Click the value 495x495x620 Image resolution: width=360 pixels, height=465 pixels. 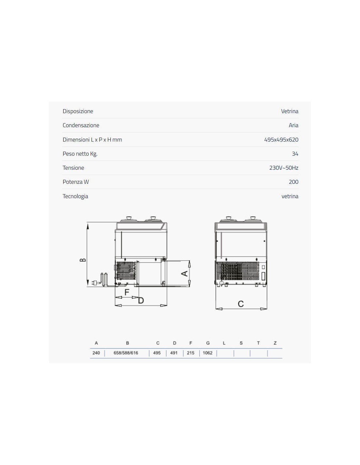(281, 140)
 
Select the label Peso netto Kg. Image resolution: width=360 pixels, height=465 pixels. (80, 154)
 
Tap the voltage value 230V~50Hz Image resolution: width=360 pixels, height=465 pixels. (284, 168)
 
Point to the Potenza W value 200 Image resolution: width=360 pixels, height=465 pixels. (293, 182)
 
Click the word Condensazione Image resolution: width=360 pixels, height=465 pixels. (81, 125)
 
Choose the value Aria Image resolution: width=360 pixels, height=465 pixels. (293, 125)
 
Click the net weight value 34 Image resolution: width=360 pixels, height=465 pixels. (295, 154)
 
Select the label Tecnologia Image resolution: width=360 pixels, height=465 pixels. (75, 196)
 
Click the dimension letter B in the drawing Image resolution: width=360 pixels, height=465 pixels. (83, 260)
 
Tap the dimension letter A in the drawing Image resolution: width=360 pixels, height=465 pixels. (185, 273)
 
